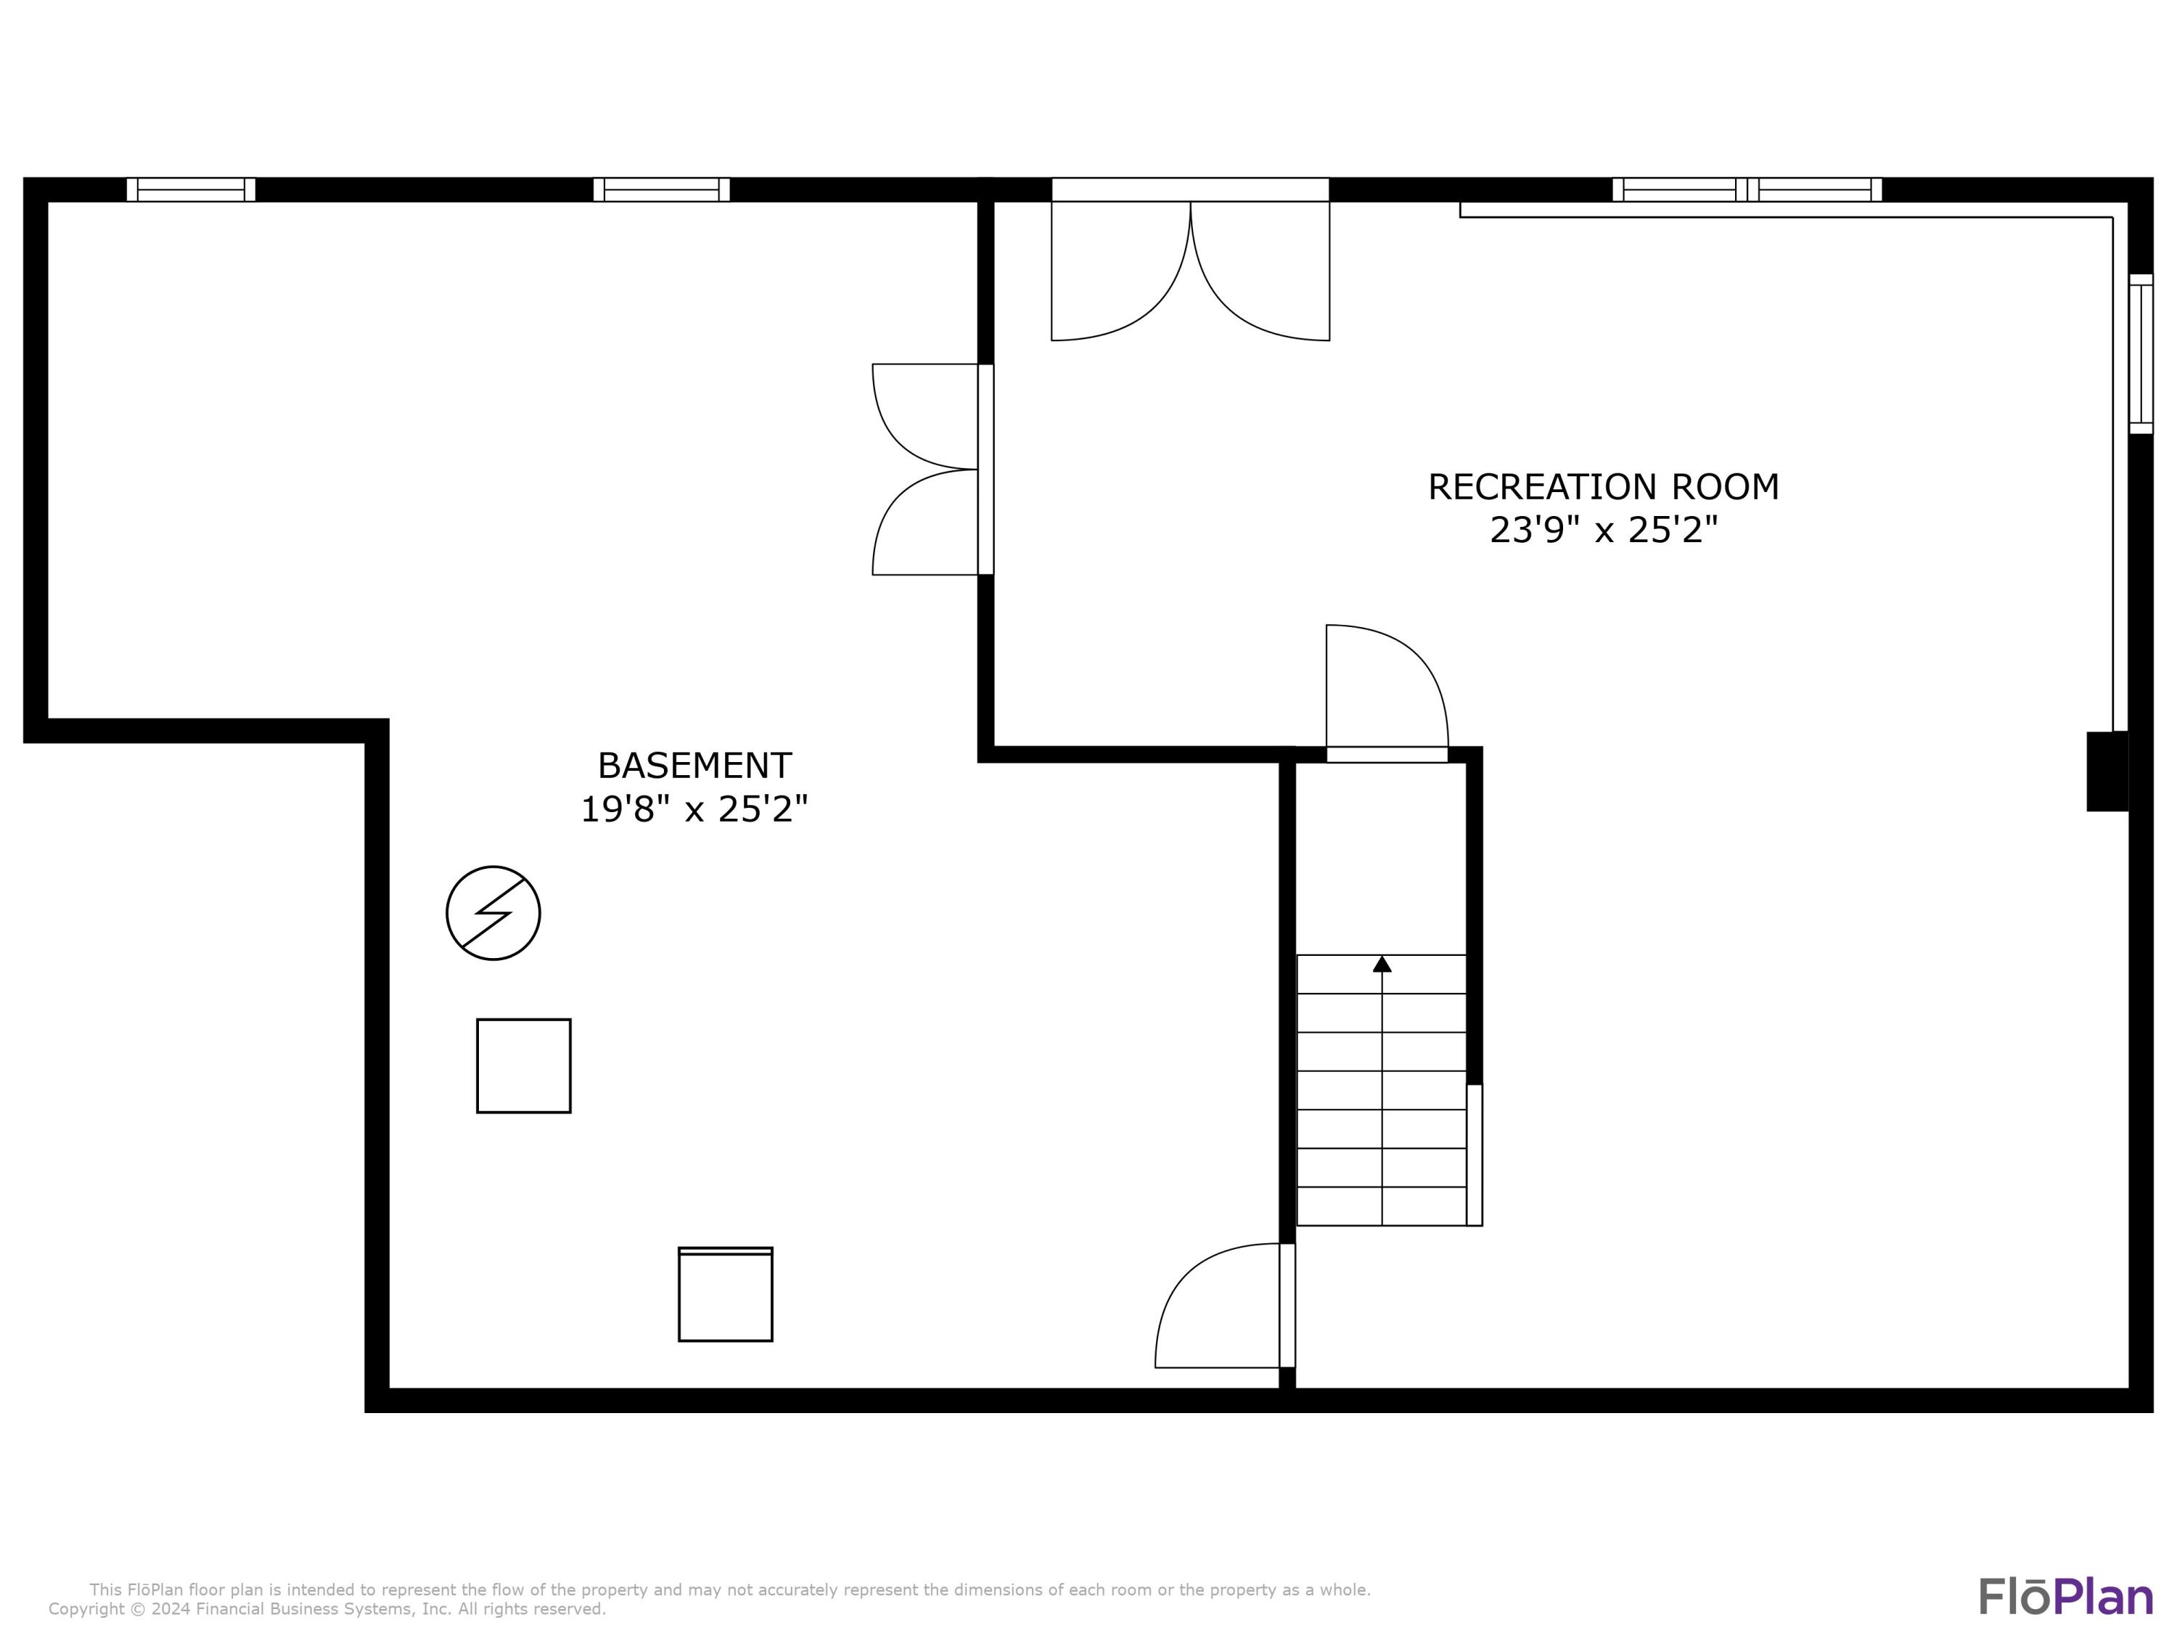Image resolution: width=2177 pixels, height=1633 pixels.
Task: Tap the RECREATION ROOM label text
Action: pyautogui.click(x=1603, y=486)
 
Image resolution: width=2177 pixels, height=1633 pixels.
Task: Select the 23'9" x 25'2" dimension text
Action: pyautogui.click(x=1603, y=531)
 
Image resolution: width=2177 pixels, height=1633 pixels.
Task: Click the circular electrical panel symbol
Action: pyautogui.click(x=493, y=912)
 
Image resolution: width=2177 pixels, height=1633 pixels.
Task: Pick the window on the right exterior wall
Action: pyautogui.click(x=2141, y=353)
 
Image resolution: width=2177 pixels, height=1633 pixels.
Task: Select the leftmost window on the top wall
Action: pyautogui.click(x=191, y=189)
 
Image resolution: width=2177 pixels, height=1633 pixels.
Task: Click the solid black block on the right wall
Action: pyautogui.click(x=2107, y=771)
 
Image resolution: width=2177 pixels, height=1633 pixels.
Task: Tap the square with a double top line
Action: pyautogui.click(x=726, y=1293)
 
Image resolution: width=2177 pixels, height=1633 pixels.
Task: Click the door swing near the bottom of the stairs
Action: pyautogui.click(x=1224, y=1304)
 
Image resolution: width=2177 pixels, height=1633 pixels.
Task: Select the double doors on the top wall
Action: pyautogui.click(x=1190, y=259)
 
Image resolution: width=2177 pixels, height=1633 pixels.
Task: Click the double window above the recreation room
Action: pyautogui.click(x=1747, y=189)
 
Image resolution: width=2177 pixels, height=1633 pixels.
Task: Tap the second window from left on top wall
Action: pyautogui.click(x=661, y=189)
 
